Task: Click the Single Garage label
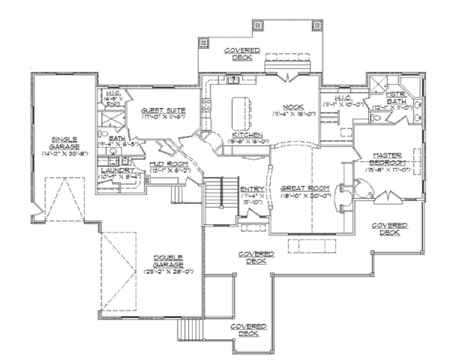(x=66, y=142)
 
